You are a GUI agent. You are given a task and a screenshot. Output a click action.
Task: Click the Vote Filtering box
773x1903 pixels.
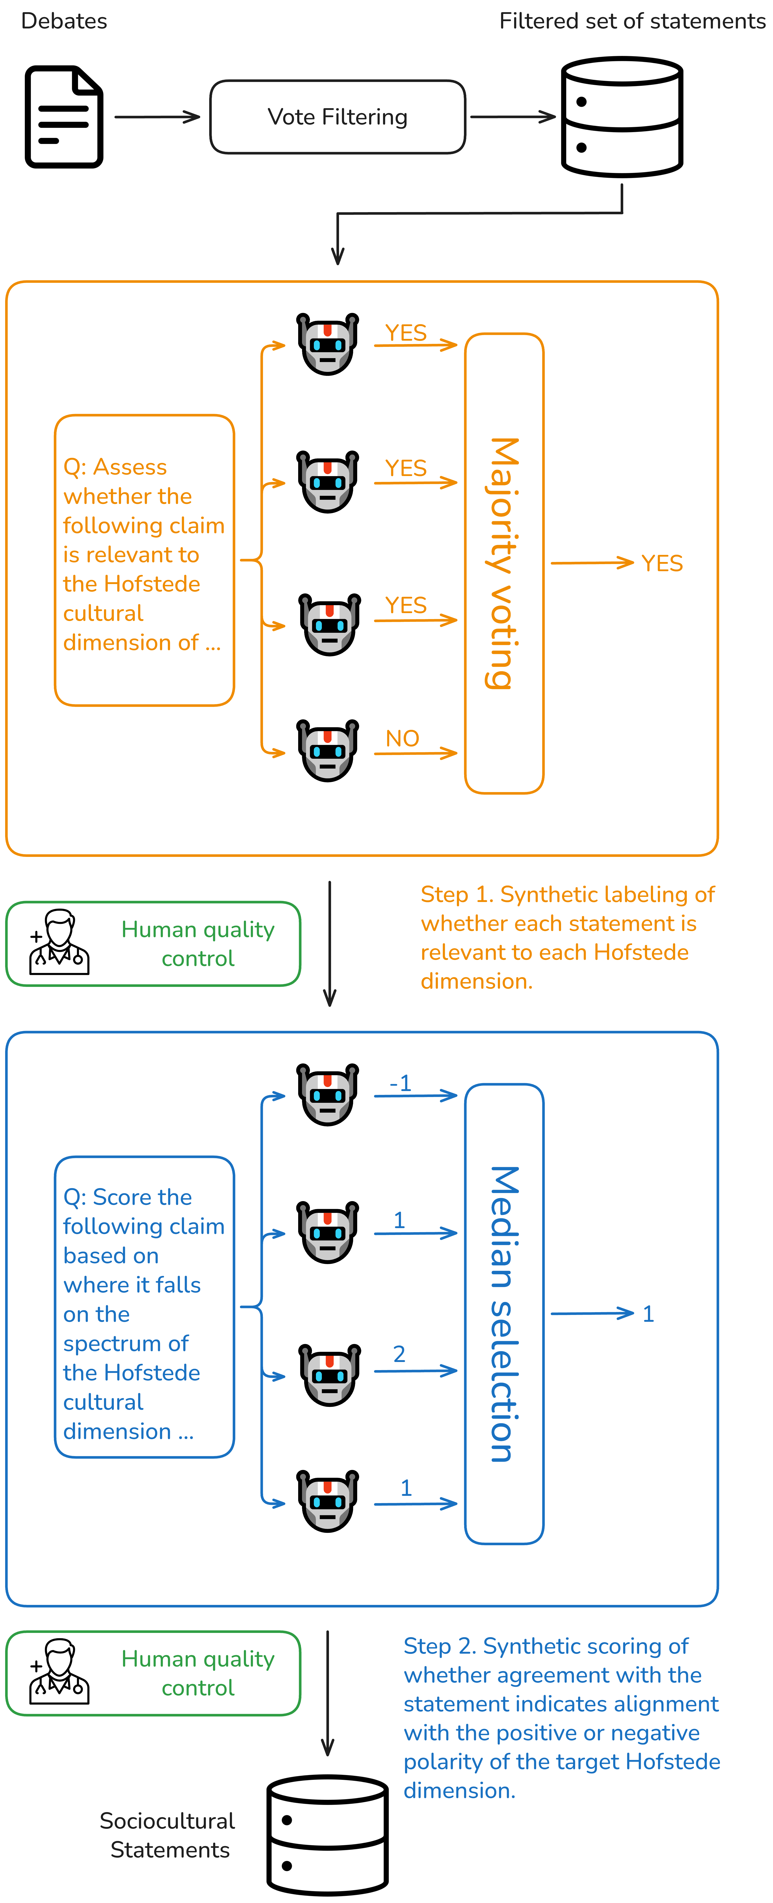coord(338,117)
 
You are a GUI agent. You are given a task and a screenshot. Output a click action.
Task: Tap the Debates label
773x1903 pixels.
coord(64,21)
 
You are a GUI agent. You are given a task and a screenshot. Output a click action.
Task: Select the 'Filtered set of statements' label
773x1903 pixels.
coord(632,21)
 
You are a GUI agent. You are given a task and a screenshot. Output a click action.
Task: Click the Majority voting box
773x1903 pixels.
coord(504,563)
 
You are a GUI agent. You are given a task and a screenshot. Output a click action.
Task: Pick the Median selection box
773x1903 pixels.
coord(504,1313)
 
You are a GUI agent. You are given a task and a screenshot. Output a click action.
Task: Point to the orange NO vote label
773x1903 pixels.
coord(402,738)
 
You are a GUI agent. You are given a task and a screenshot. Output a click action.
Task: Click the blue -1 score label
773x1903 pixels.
coord(401,1083)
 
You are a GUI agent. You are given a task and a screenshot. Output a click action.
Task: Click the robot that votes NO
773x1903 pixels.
coord(327,751)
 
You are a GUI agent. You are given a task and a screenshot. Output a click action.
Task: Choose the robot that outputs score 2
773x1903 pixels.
coord(330,1375)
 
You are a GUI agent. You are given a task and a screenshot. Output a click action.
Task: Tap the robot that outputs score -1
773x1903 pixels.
coord(327,1095)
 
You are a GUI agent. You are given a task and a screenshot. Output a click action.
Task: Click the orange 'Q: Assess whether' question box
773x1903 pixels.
coord(145,560)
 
